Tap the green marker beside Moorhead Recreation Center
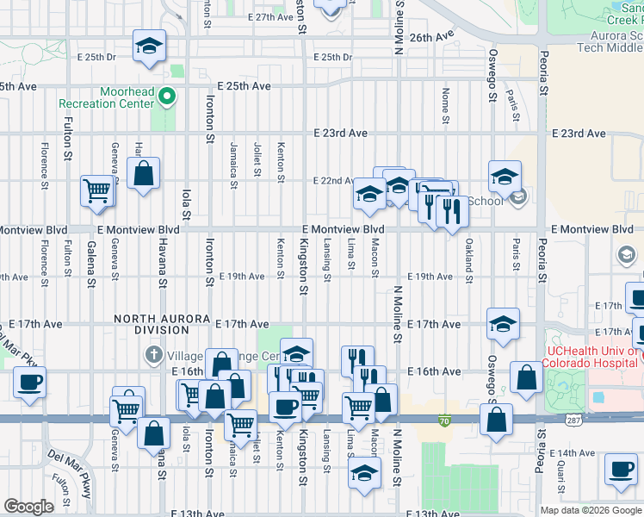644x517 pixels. pos(168,97)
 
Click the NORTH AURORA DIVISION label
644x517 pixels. pos(162,319)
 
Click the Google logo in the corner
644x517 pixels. pos(28,506)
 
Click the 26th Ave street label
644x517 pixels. pos(431,38)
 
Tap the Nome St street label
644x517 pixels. pos(445,104)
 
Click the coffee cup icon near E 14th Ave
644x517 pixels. pos(620,469)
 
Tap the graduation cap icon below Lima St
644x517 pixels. pos(364,472)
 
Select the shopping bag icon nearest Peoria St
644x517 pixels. pos(526,377)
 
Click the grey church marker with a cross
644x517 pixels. pos(153,355)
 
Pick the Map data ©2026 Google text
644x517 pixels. pos(590,510)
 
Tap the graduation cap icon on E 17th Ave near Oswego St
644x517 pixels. pos(503,325)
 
